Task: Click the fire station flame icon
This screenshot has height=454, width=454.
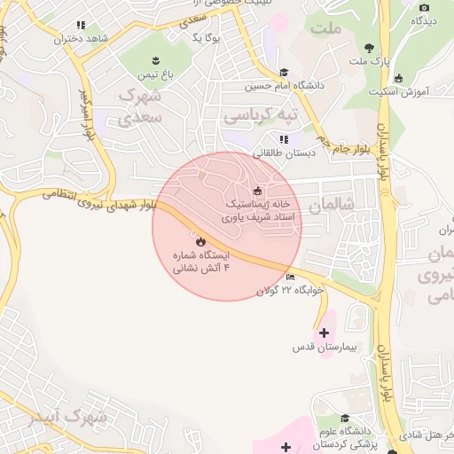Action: [x=200, y=240]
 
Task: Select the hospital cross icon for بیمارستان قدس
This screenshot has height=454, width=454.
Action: [x=324, y=333]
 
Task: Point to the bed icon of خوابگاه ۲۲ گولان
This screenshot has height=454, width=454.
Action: [x=291, y=278]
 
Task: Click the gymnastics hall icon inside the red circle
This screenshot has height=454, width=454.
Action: [x=258, y=190]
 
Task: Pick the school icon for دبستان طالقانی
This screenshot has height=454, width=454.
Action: [x=284, y=139]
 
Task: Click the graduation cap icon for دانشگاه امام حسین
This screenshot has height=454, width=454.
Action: [x=284, y=73]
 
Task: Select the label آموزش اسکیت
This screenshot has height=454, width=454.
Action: [x=410, y=91]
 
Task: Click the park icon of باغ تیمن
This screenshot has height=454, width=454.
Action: [x=156, y=60]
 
